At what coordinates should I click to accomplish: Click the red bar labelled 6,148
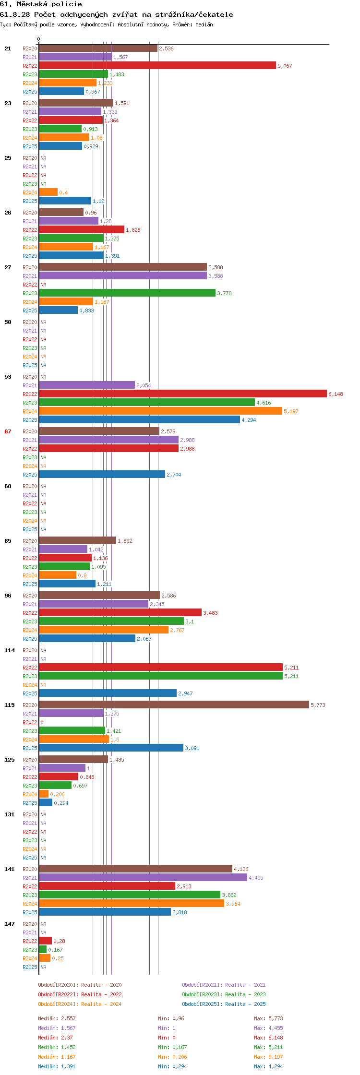(183, 394)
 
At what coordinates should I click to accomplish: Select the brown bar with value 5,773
(174, 705)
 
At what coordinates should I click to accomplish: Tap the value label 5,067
(285, 66)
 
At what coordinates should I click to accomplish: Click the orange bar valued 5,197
(161, 411)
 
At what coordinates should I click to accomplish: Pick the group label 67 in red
(8, 431)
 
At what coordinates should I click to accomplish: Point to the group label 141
(10, 869)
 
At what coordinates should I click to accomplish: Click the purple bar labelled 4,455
(143, 878)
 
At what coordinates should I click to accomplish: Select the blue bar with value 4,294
(140, 420)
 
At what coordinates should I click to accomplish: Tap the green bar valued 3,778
(127, 293)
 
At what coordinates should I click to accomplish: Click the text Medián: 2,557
(57, 1018)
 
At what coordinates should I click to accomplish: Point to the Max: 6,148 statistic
(268, 1038)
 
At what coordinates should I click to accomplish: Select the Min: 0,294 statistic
(172, 1066)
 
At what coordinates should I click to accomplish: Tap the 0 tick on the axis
(39, 39)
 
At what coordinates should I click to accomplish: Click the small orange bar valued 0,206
(44, 794)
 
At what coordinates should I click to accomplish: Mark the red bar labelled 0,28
(46, 941)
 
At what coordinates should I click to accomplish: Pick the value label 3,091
(192, 748)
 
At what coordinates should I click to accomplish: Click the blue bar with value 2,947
(108, 693)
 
